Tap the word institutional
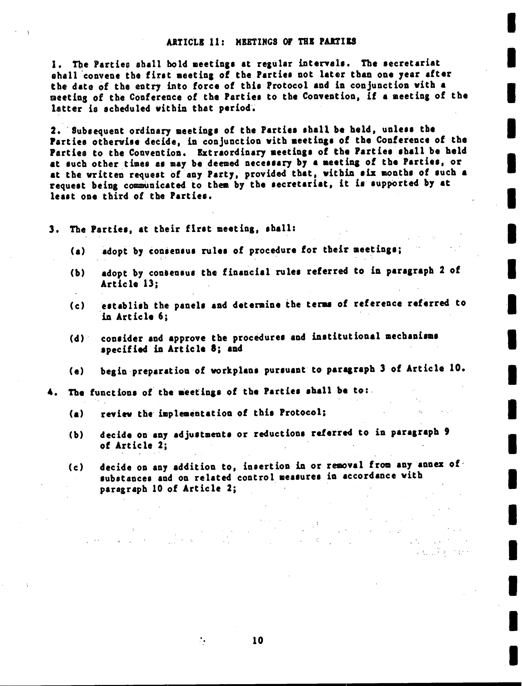point(346,336)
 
